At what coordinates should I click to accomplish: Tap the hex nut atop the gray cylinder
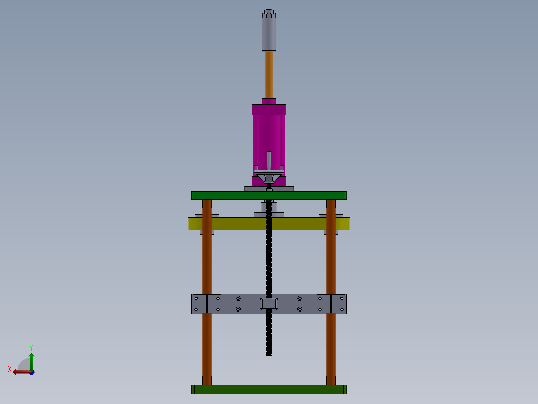click(x=269, y=14)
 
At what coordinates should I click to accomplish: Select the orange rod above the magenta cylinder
click(x=269, y=75)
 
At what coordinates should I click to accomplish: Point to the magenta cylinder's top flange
click(x=269, y=110)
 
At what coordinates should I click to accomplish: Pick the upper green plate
click(x=269, y=195)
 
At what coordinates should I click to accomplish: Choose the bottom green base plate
click(x=269, y=389)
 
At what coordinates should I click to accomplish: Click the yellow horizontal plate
click(x=269, y=224)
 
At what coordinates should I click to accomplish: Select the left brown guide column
click(x=207, y=292)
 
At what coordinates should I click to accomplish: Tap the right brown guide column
click(x=331, y=292)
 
